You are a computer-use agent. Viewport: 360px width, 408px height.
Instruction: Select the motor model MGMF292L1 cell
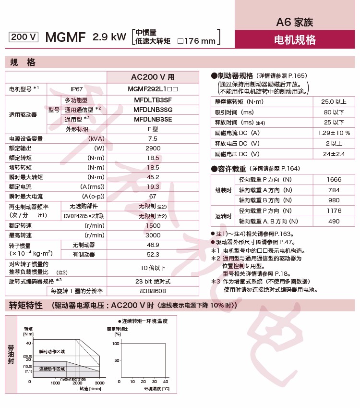(x=153, y=89)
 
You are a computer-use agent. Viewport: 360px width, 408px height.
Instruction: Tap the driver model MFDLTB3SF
(x=153, y=99)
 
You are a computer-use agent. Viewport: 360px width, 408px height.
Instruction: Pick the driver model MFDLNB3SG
(x=153, y=109)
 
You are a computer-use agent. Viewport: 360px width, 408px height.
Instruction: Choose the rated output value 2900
(x=153, y=148)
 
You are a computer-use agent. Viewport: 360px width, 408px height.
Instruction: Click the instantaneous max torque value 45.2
(x=153, y=177)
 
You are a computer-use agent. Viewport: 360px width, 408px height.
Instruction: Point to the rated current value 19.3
(x=153, y=186)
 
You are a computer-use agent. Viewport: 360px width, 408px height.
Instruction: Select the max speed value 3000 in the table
(x=153, y=235)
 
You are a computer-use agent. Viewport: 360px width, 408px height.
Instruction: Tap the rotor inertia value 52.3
(x=153, y=254)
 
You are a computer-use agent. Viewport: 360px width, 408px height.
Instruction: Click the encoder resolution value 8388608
(x=153, y=291)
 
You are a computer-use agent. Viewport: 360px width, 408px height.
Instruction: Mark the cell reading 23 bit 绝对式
(x=153, y=281)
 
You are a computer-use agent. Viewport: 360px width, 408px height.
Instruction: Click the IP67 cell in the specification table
(x=77, y=89)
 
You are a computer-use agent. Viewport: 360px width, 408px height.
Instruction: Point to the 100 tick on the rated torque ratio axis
(x=116, y=344)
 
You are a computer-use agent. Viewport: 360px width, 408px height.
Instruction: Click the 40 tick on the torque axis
(x=28, y=343)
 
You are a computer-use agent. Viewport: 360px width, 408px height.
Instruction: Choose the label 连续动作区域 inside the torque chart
(x=52, y=369)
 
